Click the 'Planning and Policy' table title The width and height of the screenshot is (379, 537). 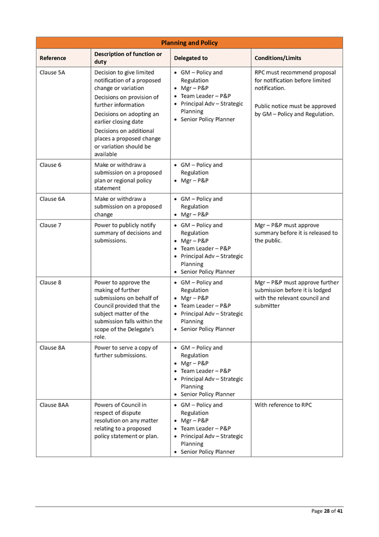coord(189,43)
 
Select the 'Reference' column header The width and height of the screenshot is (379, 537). coord(53,58)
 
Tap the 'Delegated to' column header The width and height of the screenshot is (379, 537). coord(191,58)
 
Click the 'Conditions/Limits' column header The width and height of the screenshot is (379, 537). coord(278,58)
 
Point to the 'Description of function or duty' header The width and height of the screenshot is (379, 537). coord(128,58)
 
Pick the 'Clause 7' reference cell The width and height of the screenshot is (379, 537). coord(50,225)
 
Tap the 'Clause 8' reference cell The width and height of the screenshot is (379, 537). coord(50,282)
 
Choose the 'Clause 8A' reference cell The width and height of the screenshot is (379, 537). coord(52,348)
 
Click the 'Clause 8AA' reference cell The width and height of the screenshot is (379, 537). coord(54,405)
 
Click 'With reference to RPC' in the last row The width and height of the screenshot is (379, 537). coord(284,405)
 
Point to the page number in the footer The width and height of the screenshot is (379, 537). coord(327,511)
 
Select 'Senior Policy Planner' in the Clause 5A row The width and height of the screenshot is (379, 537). coord(207,119)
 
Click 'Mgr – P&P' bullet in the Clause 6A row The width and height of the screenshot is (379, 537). coord(195,214)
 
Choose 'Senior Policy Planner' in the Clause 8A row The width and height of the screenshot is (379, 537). coord(207,394)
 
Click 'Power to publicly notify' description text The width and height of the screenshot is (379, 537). coord(125,225)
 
